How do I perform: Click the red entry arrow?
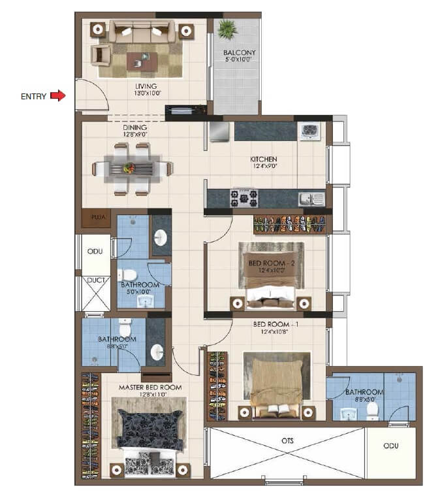(58, 96)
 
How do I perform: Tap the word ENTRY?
(34, 97)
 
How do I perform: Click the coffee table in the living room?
(142, 61)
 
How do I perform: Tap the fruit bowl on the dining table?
(129, 168)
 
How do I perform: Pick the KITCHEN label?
(264, 159)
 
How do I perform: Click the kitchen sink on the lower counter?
(306, 198)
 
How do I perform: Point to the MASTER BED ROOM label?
(150, 388)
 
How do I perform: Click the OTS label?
(287, 441)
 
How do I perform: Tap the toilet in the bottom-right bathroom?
(372, 410)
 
